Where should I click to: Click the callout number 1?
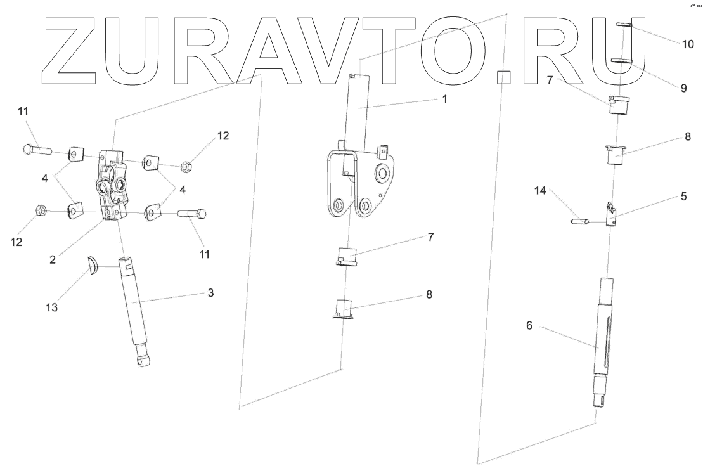coord(444,100)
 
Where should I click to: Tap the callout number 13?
coord(52,307)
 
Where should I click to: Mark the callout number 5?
coord(683,197)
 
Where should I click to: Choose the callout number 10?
coord(688,45)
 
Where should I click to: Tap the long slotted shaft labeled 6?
coord(602,342)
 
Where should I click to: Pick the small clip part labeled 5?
coord(611,214)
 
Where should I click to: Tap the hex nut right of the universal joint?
coord(187,167)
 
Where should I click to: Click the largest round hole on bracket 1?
coord(382,173)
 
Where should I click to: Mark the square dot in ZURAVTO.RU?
coord(503,77)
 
